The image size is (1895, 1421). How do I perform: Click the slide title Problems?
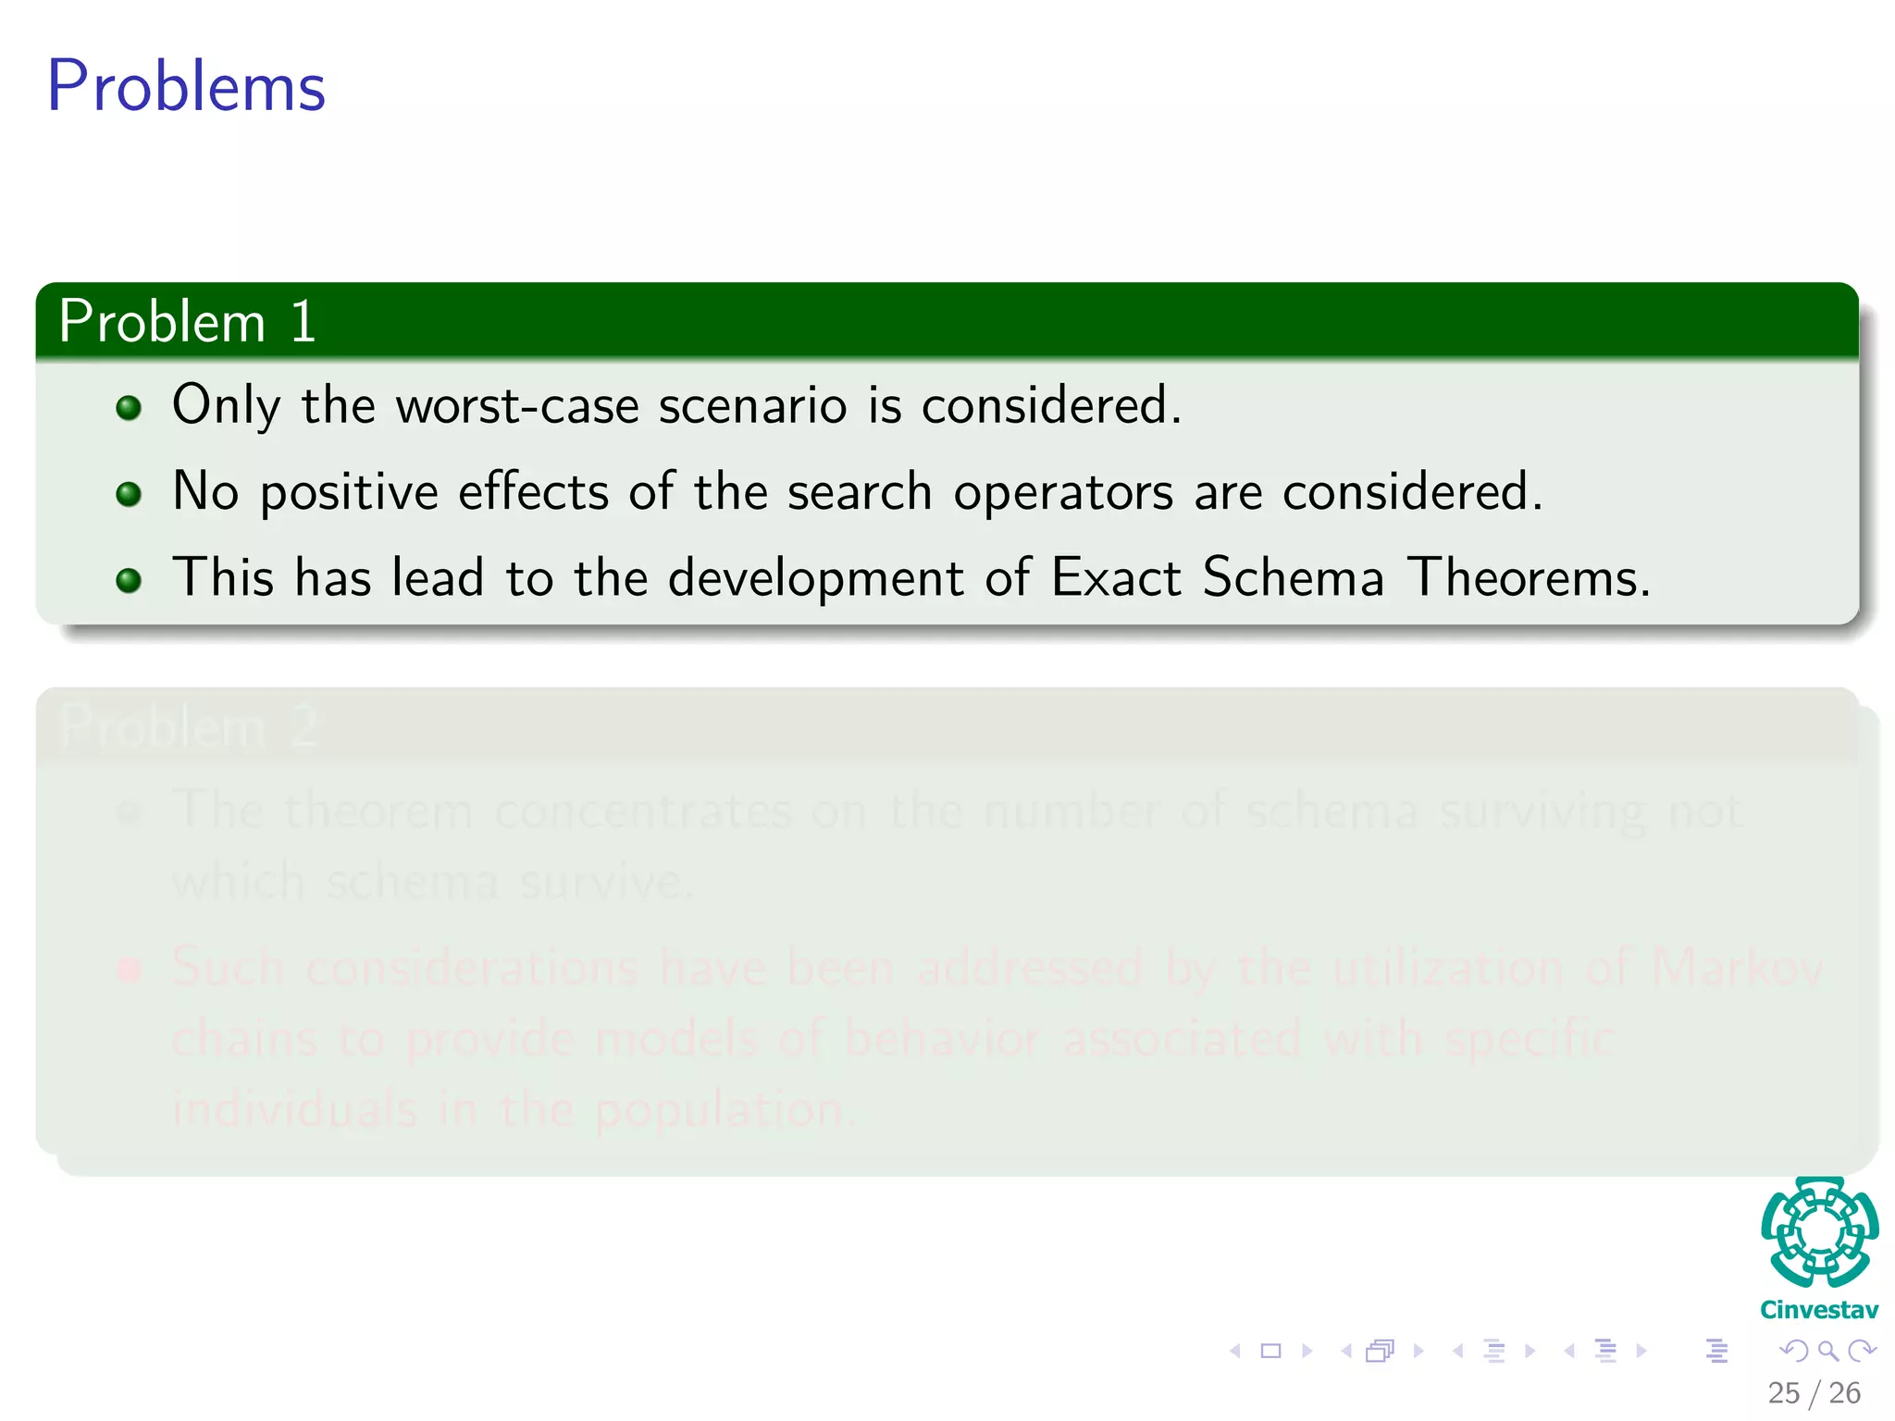186,86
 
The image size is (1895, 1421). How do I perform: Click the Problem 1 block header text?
188,322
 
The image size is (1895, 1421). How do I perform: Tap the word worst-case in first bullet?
517,405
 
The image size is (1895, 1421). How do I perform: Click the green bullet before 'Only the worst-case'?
129,408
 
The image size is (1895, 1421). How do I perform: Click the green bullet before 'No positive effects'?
129,494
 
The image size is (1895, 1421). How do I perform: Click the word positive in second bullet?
349,492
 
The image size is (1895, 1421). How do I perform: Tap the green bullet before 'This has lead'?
129,580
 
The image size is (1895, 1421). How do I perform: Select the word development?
815,578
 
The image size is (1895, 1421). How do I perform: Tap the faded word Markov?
1736,968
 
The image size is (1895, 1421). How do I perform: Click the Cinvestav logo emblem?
1819,1231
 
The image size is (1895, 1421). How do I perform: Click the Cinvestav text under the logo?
1819,1310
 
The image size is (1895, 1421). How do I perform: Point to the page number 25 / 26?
1814,1392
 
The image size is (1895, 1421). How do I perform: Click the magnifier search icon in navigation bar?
1827,1351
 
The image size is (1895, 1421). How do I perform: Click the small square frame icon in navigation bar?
1270,1351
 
